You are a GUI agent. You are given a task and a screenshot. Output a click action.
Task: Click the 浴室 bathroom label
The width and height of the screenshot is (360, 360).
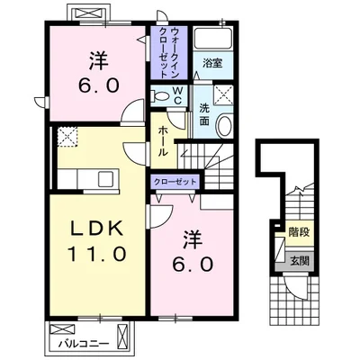[x=212, y=65]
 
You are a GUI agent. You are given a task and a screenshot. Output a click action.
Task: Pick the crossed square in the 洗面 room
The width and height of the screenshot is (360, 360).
[x=221, y=95]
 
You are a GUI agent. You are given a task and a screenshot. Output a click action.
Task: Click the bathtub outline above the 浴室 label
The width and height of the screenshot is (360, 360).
[x=213, y=39]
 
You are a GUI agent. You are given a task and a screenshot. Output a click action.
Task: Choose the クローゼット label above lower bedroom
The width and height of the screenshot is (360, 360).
[x=175, y=181]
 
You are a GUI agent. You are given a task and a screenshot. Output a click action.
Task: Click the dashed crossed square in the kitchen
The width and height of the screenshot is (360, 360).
[x=66, y=136]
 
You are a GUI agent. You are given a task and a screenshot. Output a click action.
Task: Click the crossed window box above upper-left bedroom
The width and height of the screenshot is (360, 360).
[x=89, y=15]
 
